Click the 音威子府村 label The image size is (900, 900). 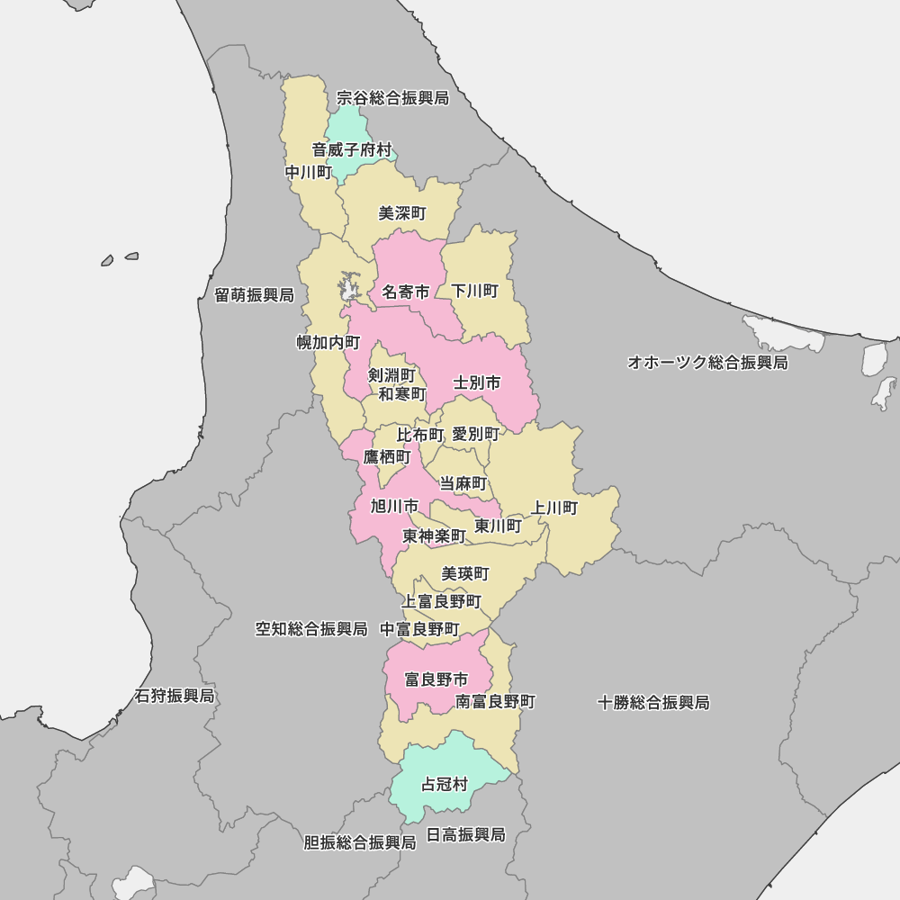352,149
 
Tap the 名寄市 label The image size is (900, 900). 406,292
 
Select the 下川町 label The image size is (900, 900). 474,291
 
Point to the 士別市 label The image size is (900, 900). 477,382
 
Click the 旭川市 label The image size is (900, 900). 394,506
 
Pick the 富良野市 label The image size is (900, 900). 436,679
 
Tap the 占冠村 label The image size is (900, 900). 445,785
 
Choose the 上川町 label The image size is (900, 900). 554,508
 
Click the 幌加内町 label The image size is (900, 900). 328,343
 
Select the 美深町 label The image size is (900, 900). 402,213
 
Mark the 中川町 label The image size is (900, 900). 309,172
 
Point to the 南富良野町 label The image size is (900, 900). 496,701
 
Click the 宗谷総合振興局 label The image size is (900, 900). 392,97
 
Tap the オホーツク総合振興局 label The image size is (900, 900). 707,363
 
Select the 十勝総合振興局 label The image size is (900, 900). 653,703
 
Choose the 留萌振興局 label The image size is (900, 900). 254,295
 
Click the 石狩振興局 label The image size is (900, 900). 175,697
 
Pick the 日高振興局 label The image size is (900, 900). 465,835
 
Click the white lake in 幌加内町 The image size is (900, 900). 348,287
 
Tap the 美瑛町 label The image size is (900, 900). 465,573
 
